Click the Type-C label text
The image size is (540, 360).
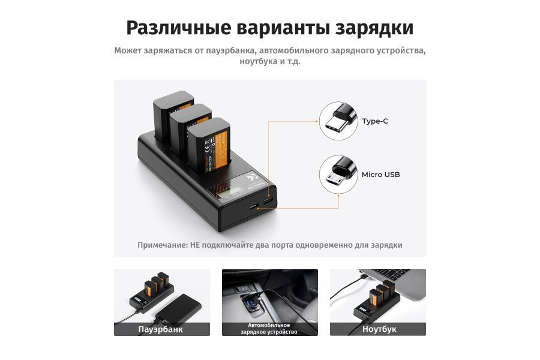(374, 121)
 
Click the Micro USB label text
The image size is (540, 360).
(380, 175)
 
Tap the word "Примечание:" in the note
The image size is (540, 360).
(163, 245)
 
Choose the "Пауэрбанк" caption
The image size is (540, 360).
(161, 329)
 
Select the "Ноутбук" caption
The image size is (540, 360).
(379, 329)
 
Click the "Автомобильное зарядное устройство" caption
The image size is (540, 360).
(269, 329)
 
